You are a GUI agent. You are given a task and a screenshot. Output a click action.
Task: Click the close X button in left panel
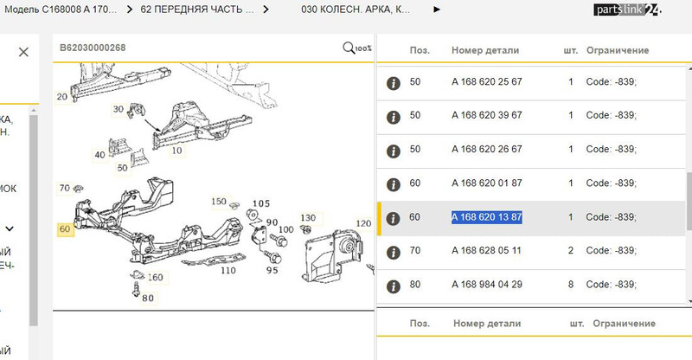click(x=23, y=52)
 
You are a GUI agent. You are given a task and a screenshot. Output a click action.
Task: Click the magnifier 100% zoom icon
click(x=356, y=48)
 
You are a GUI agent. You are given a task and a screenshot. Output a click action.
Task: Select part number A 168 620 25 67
click(x=486, y=81)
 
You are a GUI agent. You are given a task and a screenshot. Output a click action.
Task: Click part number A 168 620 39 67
click(x=486, y=115)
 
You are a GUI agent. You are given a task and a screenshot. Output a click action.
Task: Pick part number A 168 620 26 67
click(x=486, y=149)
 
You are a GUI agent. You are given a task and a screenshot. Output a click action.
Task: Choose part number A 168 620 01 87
click(x=486, y=183)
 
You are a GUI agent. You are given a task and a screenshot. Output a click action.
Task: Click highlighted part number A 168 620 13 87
click(x=486, y=216)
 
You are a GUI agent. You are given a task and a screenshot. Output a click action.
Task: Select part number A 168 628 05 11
click(x=486, y=250)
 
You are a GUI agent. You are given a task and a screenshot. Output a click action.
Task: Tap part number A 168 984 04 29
click(x=486, y=284)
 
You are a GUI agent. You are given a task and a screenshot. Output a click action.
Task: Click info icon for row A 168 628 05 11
click(x=392, y=251)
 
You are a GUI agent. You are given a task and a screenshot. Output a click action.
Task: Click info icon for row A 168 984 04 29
click(x=392, y=285)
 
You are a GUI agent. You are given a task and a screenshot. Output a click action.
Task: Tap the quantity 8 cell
click(x=571, y=284)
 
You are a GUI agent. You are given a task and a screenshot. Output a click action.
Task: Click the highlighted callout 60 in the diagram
click(x=65, y=229)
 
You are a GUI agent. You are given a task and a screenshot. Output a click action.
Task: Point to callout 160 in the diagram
click(x=155, y=278)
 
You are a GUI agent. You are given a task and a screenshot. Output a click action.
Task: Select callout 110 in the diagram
click(x=228, y=270)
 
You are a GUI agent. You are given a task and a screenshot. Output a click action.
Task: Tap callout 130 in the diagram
click(x=308, y=217)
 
